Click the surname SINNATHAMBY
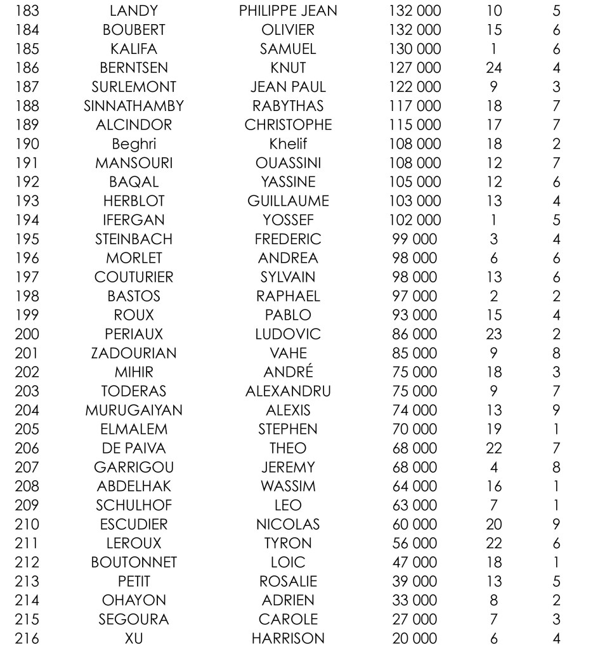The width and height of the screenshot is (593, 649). pos(133,105)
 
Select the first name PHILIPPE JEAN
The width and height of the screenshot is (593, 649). pos(288,11)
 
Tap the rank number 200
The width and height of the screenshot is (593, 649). pos(29,334)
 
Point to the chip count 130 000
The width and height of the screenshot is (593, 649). pos(415,49)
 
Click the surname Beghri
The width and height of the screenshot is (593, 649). pos(133,143)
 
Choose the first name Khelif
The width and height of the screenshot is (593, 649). pos(288,143)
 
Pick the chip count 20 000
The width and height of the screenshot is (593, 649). pos(415,638)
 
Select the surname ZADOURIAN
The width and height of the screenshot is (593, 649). pos(133,353)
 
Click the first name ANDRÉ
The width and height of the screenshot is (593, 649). pos(288,372)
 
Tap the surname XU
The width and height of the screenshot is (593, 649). pos(133,638)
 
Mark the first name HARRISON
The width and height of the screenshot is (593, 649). pos(288,638)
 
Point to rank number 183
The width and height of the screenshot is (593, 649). pos(29,11)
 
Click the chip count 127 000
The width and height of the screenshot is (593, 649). pos(415,68)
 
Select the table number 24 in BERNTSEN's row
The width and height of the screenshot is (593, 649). pos(493,68)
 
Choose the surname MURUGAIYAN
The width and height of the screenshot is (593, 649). pos(133,410)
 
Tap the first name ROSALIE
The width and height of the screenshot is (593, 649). pos(288,581)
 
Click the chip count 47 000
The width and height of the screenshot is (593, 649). pos(415,562)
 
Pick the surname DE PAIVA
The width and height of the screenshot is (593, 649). pos(133,448)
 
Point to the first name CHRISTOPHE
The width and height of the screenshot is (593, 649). pos(288,124)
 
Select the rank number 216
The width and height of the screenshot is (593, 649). pos(29,638)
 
